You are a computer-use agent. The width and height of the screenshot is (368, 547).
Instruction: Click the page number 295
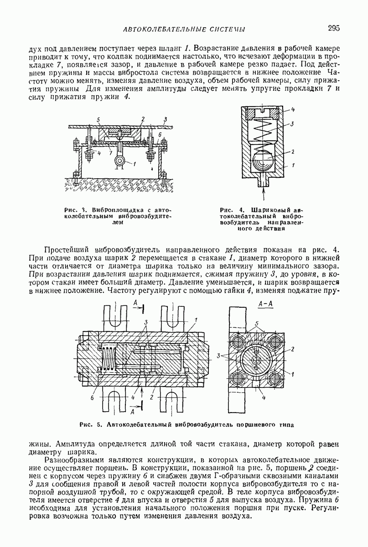(334, 28)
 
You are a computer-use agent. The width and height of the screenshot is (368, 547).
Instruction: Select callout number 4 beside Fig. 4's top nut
(293, 110)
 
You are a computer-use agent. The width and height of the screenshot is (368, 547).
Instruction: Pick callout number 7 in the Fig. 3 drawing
(111, 153)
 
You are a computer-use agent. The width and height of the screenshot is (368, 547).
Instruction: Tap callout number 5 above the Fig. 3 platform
(98, 119)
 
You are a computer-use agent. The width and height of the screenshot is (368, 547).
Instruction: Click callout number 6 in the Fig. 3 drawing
(160, 134)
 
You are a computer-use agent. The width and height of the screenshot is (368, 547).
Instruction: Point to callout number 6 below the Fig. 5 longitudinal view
(92, 398)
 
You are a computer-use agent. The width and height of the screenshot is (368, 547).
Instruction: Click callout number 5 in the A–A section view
(257, 324)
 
